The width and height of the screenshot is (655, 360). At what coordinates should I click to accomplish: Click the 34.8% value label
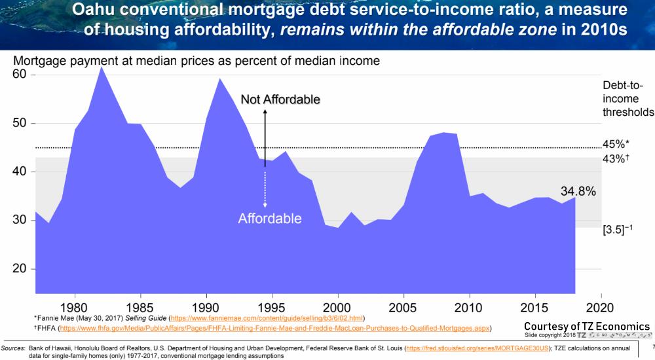point(578,192)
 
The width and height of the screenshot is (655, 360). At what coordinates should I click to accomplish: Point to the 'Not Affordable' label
point(280,99)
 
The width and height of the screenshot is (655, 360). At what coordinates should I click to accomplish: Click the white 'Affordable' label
point(270,219)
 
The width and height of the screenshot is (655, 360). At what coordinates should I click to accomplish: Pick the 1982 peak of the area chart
point(101,67)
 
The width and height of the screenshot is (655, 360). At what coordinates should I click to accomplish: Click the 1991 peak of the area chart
point(219,79)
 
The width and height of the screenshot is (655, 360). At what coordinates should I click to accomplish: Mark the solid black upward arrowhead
point(265,112)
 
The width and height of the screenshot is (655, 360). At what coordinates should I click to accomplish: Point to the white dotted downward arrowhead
point(265,206)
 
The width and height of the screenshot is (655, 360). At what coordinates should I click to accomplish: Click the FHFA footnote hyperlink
point(274,328)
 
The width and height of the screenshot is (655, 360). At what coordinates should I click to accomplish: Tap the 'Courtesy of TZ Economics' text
point(587,327)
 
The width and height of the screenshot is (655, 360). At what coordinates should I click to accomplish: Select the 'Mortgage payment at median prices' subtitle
point(197,61)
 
